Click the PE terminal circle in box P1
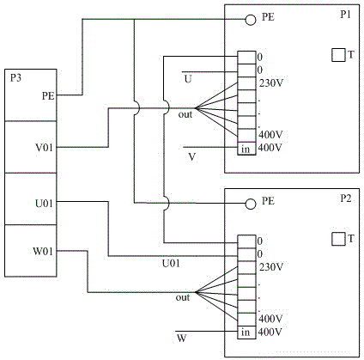(x=251, y=20)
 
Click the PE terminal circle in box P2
(x=251, y=204)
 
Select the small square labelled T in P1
(x=338, y=55)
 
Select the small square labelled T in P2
(x=338, y=239)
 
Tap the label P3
(x=16, y=78)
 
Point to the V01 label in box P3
(x=44, y=148)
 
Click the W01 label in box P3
(x=43, y=252)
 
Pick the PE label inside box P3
(x=48, y=96)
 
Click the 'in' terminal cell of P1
(x=246, y=149)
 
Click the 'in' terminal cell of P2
(x=246, y=333)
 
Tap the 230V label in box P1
(x=271, y=83)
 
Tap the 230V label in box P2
(x=271, y=267)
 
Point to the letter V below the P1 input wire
(x=192, y=157)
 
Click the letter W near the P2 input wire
(x=181, y=339)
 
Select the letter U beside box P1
(x=188, y=79)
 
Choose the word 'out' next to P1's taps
(x=185, y=114)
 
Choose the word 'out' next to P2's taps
(x=183, y=297)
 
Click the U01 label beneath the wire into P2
(x=171, y=263)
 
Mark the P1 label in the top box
(x=345, y=15)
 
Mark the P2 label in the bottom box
(x=345, y=198)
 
